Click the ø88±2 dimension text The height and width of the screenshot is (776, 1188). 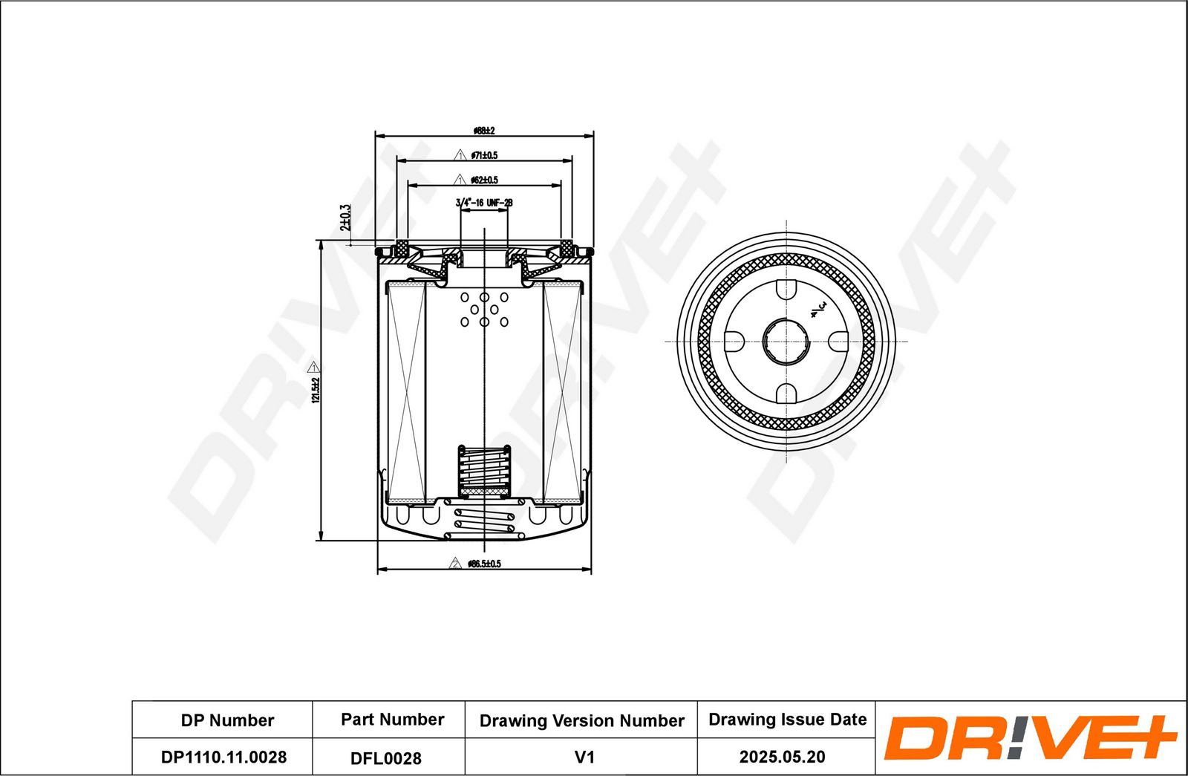click(484, 131)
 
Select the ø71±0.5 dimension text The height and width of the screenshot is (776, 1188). click(484, 155)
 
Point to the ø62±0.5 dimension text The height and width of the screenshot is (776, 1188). click(484, 180)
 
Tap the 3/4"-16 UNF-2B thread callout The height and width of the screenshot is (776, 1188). click(484, 202)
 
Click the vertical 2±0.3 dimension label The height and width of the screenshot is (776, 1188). click(345, 217)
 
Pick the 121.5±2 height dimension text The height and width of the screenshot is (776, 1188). click(315, 391)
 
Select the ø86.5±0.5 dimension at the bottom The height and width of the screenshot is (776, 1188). click(485, 564)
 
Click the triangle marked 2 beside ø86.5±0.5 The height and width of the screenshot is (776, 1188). click(455, 564)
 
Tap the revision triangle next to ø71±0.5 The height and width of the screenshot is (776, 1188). click(460, 155)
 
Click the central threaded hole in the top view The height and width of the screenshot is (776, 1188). click(786, 342)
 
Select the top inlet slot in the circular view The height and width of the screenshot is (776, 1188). click(786, 290)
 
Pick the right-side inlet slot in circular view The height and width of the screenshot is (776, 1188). click(839, 342)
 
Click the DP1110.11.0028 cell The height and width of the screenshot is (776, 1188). click(223, 757)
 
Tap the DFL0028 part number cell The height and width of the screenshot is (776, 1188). click(386, 757)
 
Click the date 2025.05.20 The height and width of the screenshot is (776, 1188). click(782, 757)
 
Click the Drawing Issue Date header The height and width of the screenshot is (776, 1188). click(787, 719)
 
